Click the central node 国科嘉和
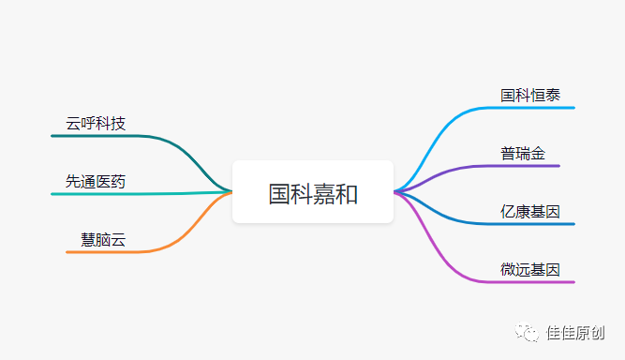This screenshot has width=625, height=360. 313,193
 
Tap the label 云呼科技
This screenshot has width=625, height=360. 96,123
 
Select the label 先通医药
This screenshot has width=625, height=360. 96,181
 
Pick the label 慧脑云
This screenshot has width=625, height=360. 103,239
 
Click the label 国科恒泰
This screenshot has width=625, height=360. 530,95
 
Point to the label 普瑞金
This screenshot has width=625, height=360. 523,153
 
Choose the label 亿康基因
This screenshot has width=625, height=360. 530,212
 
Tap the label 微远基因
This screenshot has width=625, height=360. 530,269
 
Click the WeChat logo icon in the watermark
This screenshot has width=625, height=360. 531,332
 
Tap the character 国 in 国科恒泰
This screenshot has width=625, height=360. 508,95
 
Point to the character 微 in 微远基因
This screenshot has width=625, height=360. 508,269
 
